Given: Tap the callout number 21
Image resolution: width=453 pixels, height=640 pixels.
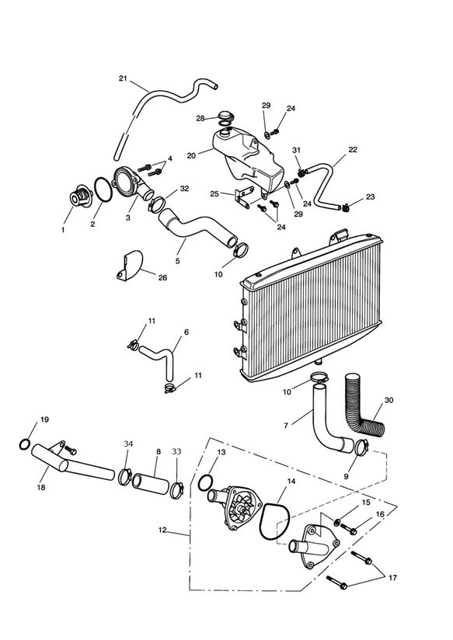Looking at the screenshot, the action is [x=123, y=78].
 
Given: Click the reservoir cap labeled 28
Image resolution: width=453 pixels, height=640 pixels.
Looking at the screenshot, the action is [x=225, y=117].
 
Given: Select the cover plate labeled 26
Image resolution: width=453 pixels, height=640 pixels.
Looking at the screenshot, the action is [x=130, y=266].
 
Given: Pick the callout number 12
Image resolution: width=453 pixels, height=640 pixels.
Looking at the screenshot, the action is [x=162, y=530].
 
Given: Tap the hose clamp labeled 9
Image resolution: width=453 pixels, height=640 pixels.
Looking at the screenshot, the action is [x=361, y=447].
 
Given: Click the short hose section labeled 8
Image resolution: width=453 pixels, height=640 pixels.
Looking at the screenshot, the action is [x=151, y=484].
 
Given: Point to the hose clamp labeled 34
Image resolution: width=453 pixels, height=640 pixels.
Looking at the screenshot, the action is [x=124, y=477].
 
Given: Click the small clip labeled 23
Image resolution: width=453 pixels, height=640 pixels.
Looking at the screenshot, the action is [x=346, y=209].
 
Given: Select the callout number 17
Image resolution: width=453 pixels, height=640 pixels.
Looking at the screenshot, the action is [x=392, y=578].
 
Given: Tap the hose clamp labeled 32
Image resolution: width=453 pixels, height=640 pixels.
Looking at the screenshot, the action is [x=156, y=203].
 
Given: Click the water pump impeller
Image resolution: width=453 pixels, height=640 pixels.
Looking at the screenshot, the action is [x=242, y=507].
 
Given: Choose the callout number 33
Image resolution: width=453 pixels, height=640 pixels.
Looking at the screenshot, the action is [x=176, y=452].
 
